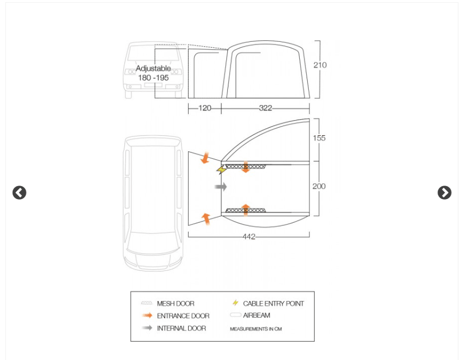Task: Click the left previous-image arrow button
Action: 19,193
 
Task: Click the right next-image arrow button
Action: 444,193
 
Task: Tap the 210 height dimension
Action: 320,65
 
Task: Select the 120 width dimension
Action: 205,108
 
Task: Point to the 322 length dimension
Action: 265,108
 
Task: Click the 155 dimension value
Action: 319,138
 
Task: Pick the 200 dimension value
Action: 319,186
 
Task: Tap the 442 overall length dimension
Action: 249,237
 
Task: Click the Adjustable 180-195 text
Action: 153,73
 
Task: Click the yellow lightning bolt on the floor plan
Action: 221,170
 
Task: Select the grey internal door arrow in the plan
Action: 220,187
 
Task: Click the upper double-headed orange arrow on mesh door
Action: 246,166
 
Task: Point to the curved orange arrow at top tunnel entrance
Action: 205,158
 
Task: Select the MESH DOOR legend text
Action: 175,304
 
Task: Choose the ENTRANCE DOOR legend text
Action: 183,316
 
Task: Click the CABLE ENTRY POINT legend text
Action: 273,304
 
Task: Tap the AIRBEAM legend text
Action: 256,315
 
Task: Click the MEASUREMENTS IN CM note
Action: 256,329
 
